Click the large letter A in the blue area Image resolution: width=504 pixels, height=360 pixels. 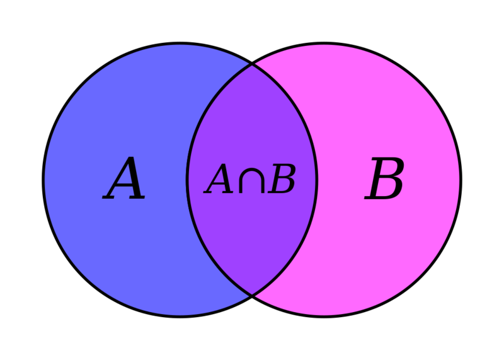[x=125, y=180]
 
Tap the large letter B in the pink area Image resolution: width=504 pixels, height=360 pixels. [x=384, y=180]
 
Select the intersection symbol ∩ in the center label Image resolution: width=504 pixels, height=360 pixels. [x=251, y=180]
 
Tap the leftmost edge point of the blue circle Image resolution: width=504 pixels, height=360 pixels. [x=45, y=180]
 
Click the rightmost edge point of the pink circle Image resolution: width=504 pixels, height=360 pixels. [x=459, y=180]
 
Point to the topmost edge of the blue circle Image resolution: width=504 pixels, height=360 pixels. [x=180, y=45]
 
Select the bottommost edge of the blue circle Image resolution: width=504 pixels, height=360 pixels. [x=180, y=314]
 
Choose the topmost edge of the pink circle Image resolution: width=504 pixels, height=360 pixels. [x=324, y=45]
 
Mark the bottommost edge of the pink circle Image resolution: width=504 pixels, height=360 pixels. [x=324, y=314]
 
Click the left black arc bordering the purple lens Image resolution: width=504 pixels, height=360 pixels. [x=187, y=180]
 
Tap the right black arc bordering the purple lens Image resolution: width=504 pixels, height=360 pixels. [x=317, y=180]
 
